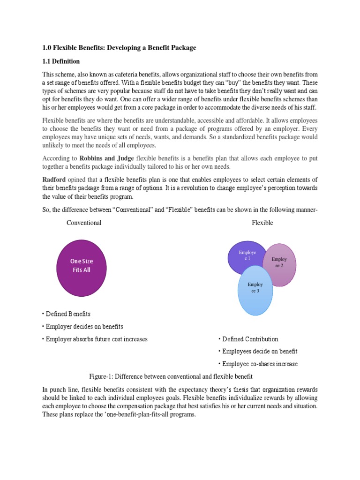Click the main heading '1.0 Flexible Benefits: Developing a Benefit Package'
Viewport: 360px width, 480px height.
(x=119, y=48)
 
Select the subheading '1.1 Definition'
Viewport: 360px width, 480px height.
(x=61, y=61)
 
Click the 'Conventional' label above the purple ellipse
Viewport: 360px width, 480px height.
(x=84, y=223)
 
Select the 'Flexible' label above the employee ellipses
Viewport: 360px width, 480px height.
(x=262, y=223)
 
